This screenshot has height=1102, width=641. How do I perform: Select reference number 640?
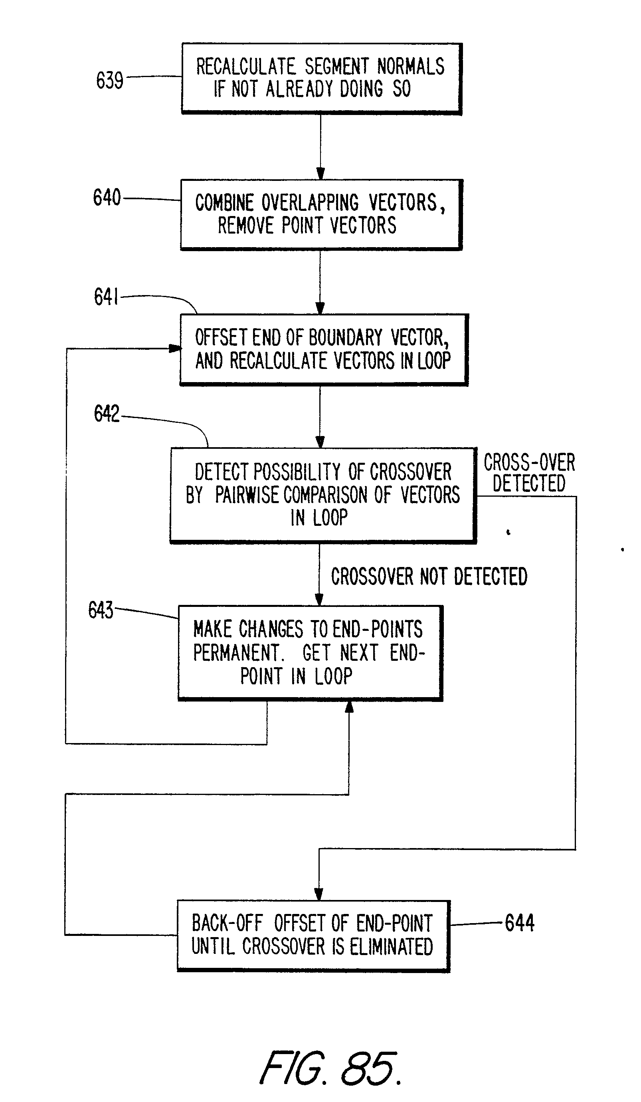click(x=107, y=197)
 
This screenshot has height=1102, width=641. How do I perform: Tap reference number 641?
click(x=106, y=297)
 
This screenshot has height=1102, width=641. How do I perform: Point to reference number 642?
click(x=106, y=413)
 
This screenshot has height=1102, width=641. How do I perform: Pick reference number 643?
click(x=101, y=610)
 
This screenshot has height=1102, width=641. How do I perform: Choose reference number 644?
click(x=519, y=923)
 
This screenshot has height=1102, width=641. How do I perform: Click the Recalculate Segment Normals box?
click(x=321, y=78)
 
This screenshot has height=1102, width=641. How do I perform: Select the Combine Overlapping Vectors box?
click(x=321, y=214)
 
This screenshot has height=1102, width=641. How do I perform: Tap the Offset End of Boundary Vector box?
click(x=323, y=349)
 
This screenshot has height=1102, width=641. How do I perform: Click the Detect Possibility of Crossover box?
click(x=322, y=495)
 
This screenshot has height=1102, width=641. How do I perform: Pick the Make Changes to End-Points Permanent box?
click(x=310, y=652)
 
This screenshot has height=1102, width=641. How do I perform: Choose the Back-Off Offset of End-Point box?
click(x=313, y=936)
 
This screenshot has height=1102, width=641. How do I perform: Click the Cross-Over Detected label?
click(x=529, y=473)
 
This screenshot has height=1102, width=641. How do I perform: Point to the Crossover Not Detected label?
click(x=429, y=577)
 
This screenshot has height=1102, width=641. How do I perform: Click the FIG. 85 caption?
click(x=330, y=1068)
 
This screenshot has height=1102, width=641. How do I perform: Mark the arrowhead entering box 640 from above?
click(x=320, y=174)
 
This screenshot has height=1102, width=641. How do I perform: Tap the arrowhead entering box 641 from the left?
click(x=175, y=349)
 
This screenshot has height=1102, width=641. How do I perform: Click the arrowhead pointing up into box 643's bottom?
click(x=349, y=707)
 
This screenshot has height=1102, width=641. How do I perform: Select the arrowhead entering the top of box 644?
click(x=319, y=894)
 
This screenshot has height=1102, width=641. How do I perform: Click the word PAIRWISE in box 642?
click(x=247, y=495)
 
